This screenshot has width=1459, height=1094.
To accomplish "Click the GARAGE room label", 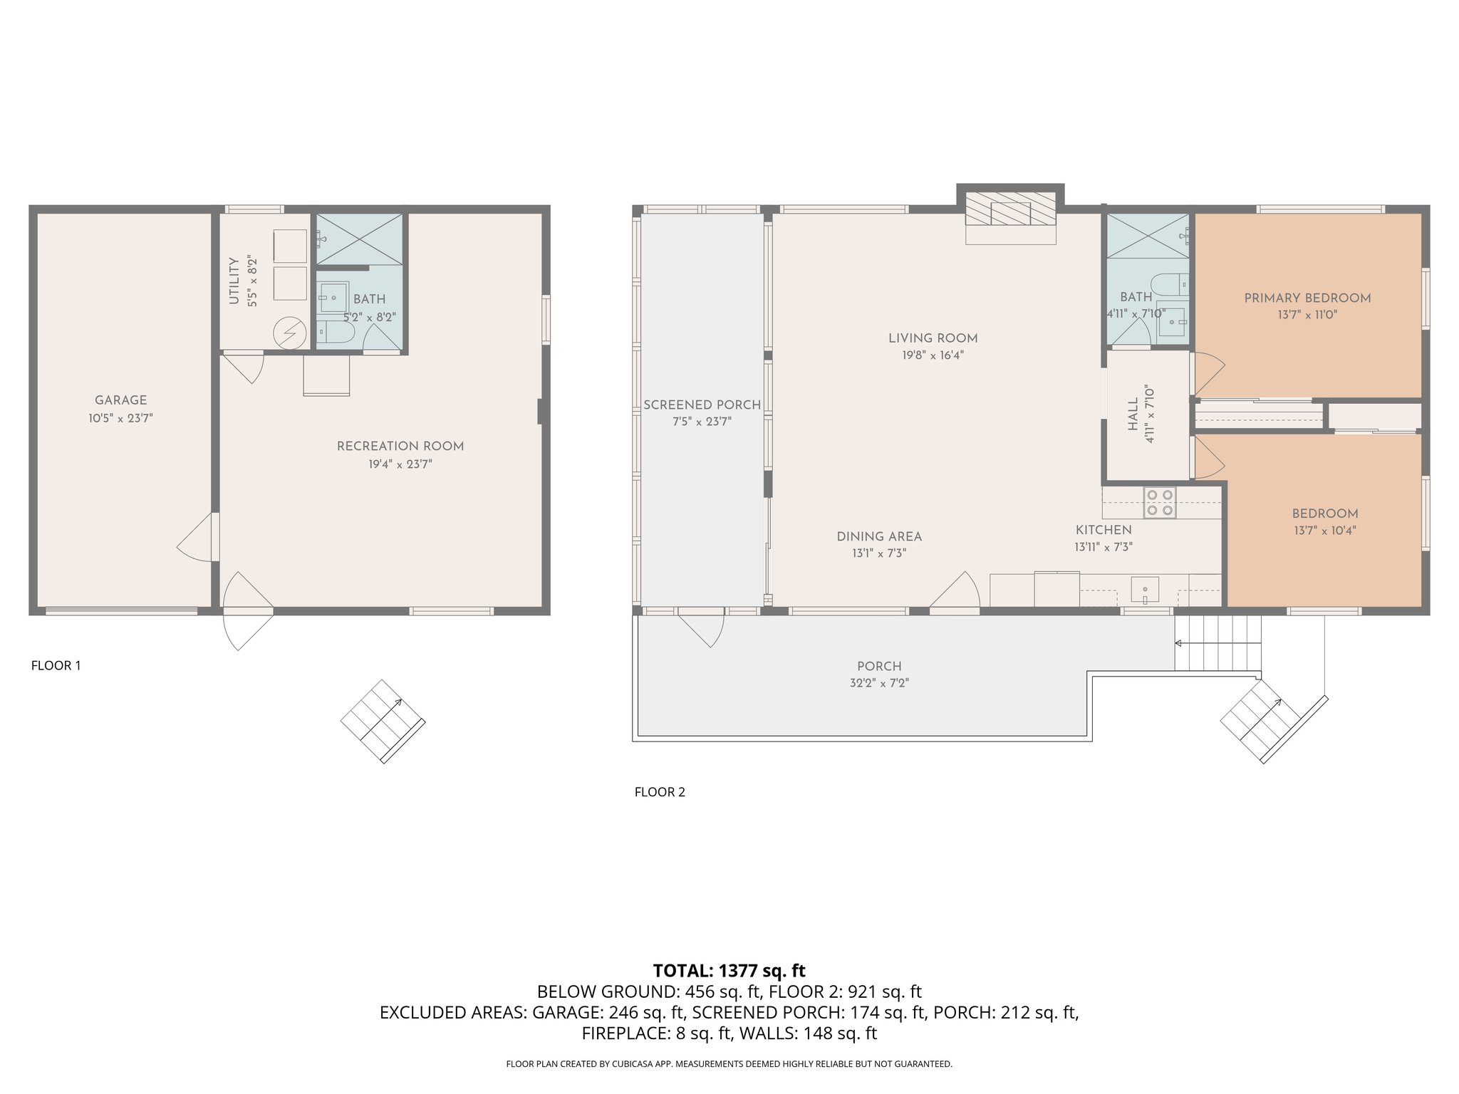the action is tap(121, 400).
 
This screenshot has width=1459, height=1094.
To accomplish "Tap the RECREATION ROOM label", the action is tap(400, 447).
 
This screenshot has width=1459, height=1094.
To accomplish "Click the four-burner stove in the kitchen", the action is tap(1159, 501).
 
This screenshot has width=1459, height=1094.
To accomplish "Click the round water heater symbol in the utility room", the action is tap(291, 332).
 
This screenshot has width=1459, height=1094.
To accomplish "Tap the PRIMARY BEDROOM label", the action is tap(1307, 298).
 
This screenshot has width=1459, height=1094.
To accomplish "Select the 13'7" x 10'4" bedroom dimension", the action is tap(1325, 531).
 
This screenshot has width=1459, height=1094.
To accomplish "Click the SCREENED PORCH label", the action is tap(702, 405).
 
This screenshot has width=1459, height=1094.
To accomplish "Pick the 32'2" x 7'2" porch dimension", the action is tap(879, 683).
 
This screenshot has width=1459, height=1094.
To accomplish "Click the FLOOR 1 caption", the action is tap(56, 665).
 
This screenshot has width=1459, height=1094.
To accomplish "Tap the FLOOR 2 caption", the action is tap(660, 791).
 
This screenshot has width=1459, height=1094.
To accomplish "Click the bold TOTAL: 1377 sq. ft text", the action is tap(729, 971).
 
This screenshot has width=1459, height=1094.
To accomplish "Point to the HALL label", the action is tap(1133, 415).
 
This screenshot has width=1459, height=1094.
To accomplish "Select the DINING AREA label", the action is tap(879, 536).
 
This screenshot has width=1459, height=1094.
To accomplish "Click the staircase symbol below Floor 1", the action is tap(383, 721).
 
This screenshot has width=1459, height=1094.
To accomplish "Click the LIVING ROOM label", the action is tap(933, 338).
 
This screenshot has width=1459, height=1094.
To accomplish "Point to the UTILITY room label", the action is tap(234, 281).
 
